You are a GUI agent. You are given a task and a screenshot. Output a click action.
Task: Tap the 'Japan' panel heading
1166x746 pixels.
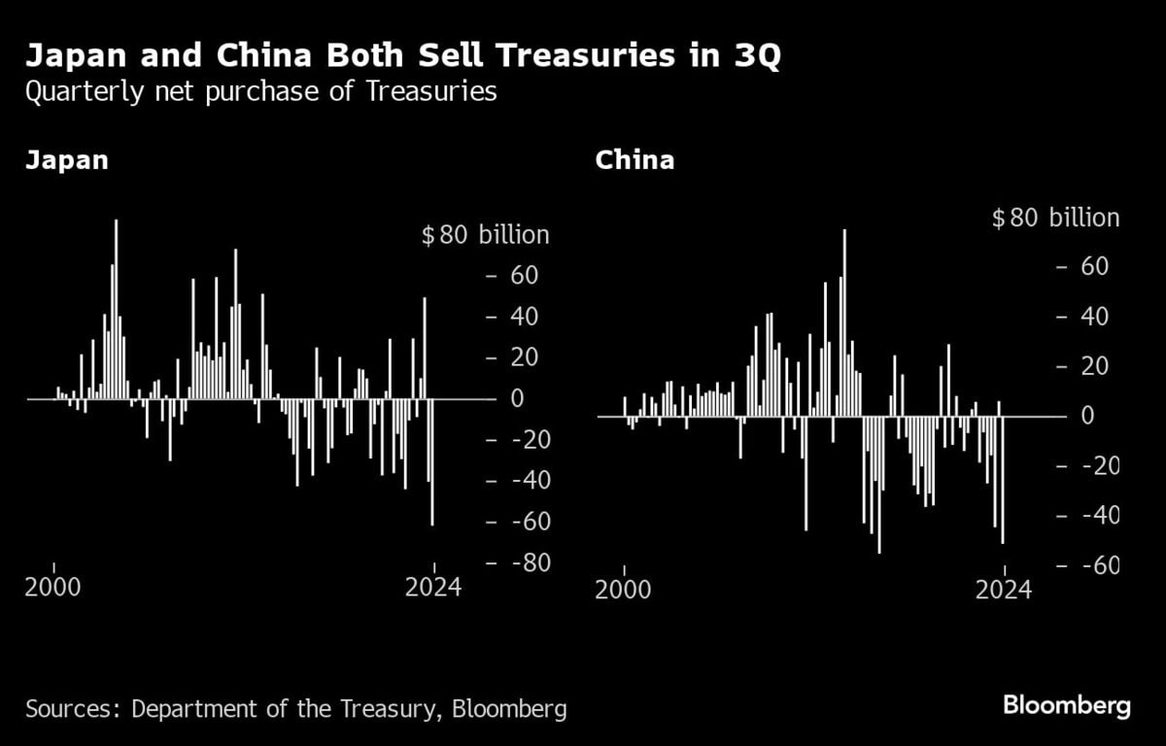point(67,160)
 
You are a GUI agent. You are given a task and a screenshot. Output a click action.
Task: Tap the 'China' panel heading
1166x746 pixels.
point(634,160)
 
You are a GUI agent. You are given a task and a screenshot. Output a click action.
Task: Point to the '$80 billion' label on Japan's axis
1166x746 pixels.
point(485,235)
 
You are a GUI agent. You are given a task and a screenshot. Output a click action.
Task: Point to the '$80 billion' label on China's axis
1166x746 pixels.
point(1055,218)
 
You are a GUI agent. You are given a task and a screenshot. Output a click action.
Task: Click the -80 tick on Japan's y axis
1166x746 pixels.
point(524,563)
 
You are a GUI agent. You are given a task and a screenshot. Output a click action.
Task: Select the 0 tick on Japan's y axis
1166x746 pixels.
point(517,399)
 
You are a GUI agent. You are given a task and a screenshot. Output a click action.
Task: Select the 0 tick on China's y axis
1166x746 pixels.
point(1088,416)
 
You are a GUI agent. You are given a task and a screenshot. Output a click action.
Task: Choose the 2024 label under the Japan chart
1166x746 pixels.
point(432,588)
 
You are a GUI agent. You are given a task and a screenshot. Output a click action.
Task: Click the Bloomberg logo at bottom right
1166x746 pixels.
point(1066,705)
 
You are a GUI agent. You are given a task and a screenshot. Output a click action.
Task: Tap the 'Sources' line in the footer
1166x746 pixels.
point(296,709)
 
